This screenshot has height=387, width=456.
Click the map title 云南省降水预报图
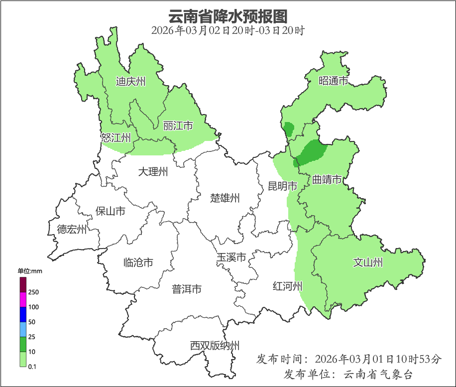pos(228,16)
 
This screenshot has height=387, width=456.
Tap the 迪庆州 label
pos(130,81)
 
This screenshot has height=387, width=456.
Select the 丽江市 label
pos(178,126)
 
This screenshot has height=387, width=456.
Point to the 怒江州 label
pos(115,138)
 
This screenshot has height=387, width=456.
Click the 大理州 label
pos(153,172)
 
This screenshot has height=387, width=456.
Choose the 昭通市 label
pos(333,81)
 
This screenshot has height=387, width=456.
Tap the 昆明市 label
pos(282,186)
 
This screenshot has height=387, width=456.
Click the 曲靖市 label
pos(327,180)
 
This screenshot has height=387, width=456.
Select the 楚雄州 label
pos(225,198)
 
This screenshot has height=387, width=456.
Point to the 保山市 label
pos(110,211)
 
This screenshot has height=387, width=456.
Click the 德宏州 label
pos(72,230)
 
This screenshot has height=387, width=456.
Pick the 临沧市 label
pos(138,262)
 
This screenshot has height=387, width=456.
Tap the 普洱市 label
pos(187,289)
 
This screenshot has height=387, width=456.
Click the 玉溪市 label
pos(231,258)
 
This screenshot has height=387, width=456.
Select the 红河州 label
pos(287,286)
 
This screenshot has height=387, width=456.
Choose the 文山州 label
pos(368,262)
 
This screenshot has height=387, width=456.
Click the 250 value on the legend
pos(34,292)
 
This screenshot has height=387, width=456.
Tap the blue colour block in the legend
pos(23,314)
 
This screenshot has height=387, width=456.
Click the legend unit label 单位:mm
pos(30,271)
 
